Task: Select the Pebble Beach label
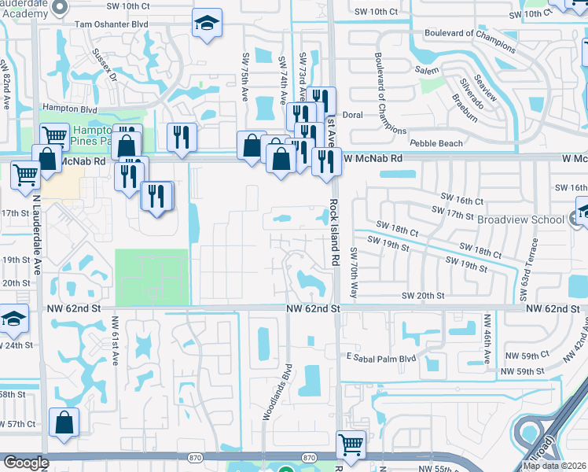click(436, 144)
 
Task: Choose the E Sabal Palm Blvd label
click(380, 357)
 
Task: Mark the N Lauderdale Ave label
click(35, 233)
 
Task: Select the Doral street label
click(352, 115)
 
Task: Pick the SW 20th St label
click(423, 296)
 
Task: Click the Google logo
click(27, 463)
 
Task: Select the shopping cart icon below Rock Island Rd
click(350, 445)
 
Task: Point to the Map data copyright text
click(553, 466)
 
